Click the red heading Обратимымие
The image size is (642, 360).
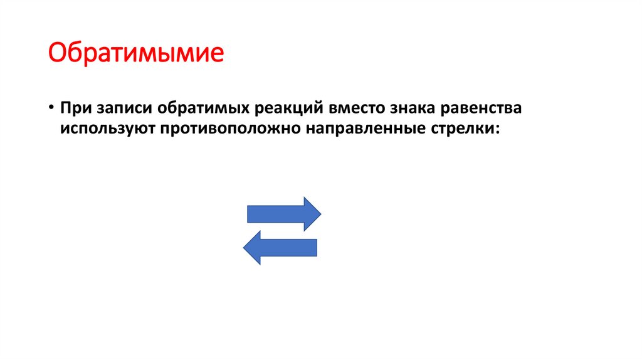pyautogui.click(x=136, y=53)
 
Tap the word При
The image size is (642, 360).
pyautogui.click(x=75, y=107)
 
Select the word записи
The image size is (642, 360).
pyautogui.click(x=124, y=107)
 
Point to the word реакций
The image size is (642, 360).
pyautogui.click(x=287, y=107)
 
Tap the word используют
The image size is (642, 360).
pyautogui.click(x=105, y=129)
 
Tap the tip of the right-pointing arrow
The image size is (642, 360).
pyautogui.click(x=320, y=214)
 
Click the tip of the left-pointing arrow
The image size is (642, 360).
pyautogui.click(x=245, y=247)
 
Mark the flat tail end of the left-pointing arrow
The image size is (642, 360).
pyautogui.click(x=316, y=247)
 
